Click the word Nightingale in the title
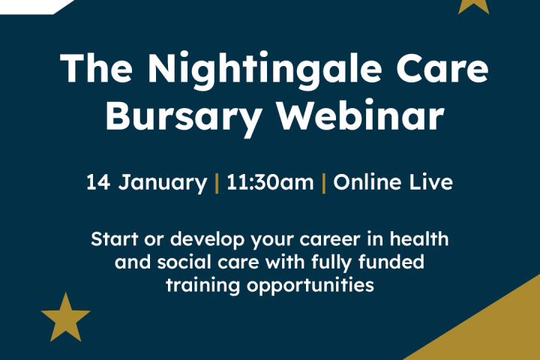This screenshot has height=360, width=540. coord(265,70)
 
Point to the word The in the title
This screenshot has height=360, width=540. coord(96,67)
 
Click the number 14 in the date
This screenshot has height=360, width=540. coord(98,182)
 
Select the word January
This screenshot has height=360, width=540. coord(163,182)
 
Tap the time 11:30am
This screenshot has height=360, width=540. coord(270,182)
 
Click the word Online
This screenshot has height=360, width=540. coord(367,182)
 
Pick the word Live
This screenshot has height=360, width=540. coord(430,182)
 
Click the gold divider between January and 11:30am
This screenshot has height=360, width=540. coord(217,183)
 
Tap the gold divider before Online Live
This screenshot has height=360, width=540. coord(324,183)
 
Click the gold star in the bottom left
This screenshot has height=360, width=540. coord(65,319)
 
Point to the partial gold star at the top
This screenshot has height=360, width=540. coord(473,6)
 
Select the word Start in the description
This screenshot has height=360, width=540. coord(115,238)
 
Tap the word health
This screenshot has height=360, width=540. coord(419,238)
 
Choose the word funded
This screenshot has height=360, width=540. coord(391,262)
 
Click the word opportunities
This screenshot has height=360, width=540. coord(310,286)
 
